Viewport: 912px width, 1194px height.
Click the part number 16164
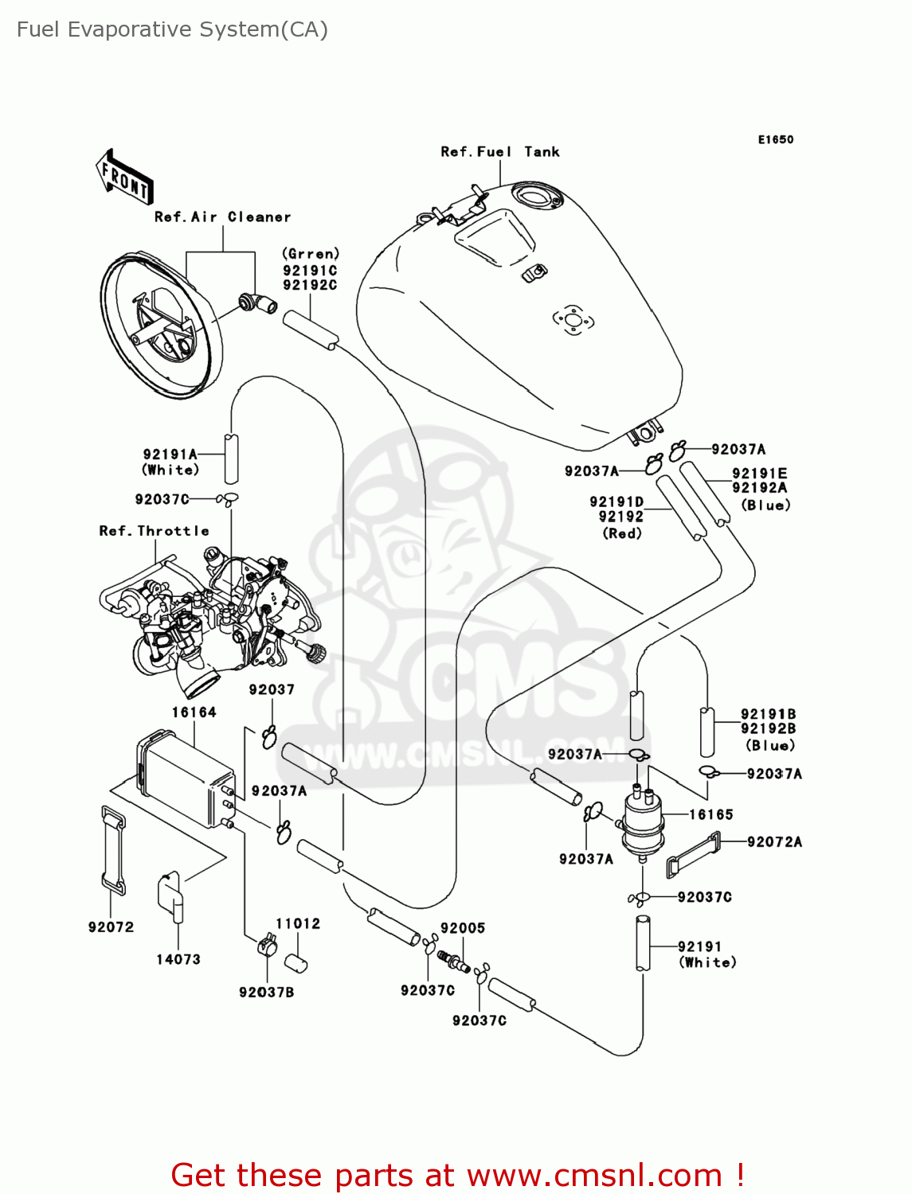194,712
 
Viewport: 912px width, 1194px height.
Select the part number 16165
710,814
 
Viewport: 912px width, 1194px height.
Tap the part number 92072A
774,842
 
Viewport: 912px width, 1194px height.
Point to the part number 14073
178,959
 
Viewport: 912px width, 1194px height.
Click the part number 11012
298,923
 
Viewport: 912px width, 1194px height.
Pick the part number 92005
463,928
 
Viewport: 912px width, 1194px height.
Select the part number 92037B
267,993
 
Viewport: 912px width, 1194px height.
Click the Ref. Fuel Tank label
500,152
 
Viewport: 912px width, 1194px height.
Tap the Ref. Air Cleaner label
222,217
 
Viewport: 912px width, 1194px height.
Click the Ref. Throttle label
154,531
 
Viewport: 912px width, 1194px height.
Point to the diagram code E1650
775,139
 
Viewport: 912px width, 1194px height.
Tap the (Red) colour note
622,534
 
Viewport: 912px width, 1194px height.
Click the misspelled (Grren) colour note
311,254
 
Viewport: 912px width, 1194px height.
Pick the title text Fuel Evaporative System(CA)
172,29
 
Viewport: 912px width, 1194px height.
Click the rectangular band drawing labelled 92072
112,849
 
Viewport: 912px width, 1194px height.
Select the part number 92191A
170,455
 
